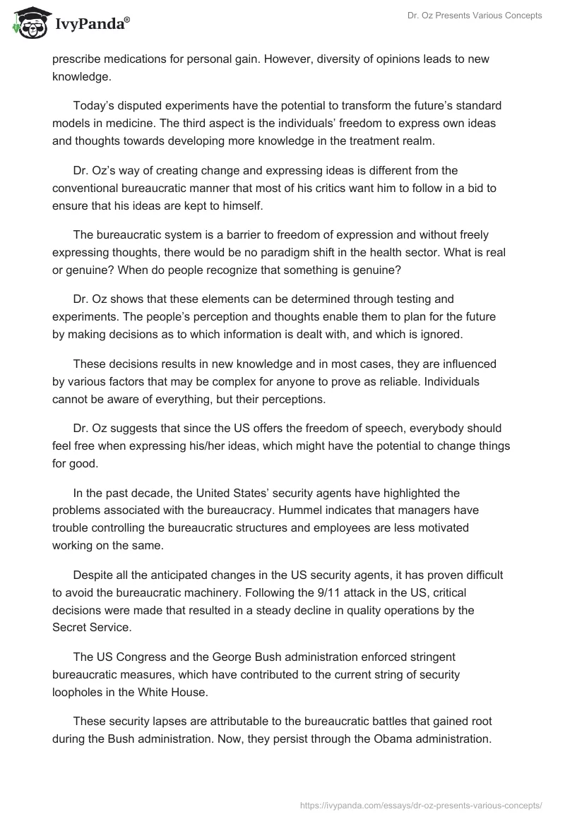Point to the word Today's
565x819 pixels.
tap(94, 105)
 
